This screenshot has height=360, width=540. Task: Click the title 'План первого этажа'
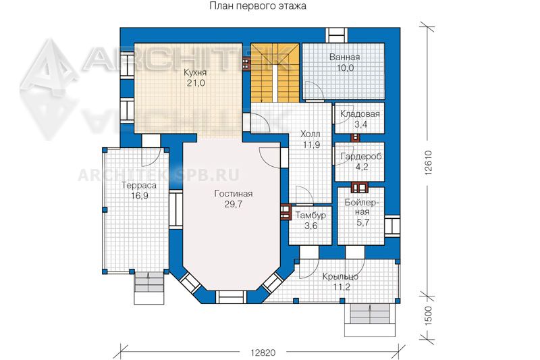point(258,6)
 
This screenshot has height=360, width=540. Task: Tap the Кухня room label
point(195,72)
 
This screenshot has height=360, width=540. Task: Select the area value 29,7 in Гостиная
point(233,204)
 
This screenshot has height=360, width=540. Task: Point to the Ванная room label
point(344,57)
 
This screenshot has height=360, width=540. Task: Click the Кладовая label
point(360,113)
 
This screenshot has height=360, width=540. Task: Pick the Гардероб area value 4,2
point(361,167)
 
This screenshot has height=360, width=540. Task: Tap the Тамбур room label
point(311,215)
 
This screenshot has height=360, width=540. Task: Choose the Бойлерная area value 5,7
point(363,222)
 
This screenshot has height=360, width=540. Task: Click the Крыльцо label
point(341,276)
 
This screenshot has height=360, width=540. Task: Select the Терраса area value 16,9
point(140,196)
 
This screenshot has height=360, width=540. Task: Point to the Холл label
point(310,134)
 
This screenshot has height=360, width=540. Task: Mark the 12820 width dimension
point(263,353)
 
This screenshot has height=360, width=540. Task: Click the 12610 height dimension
point(428,163)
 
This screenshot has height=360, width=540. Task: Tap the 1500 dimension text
point(428,315)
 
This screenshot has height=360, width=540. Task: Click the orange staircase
point(275,72)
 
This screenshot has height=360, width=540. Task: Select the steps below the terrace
point(149,288)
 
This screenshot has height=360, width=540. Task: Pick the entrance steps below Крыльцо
point(370,319)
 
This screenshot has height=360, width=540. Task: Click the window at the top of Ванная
point(337,35)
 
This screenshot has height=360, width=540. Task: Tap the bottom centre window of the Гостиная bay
point(231,297)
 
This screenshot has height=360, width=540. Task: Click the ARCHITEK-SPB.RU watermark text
point(159,176)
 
